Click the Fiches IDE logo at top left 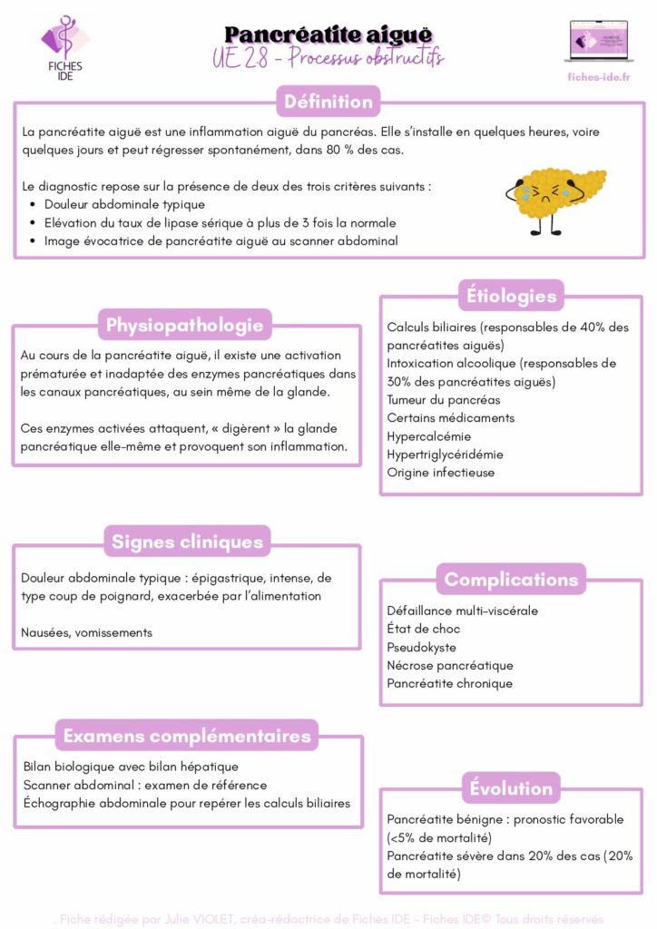64,45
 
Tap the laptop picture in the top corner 597,42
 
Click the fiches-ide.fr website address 597,77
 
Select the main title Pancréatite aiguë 328,34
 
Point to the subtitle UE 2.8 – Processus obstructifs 328,58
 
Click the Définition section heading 328,102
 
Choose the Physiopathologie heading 185,325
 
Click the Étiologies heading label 511,296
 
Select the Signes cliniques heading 187,543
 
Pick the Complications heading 511,579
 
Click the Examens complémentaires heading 187,735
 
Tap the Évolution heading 511,788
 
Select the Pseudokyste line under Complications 422,648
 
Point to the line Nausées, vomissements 86,632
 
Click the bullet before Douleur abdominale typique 34,205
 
